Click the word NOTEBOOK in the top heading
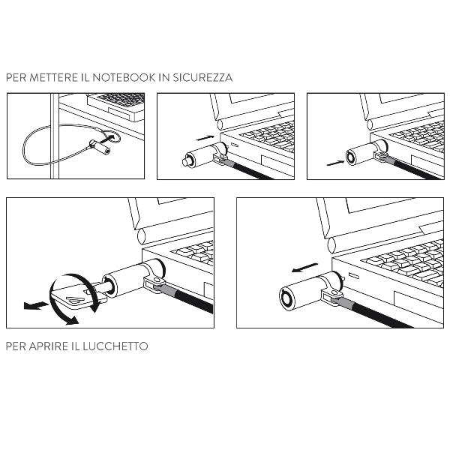tap(124, 77)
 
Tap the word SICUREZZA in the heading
tap(202, 77)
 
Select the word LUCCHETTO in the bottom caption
tap(115, 346)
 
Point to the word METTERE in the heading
tap(54, 77)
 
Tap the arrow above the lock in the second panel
tap(205, 138)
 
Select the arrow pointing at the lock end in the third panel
tap(335, 163)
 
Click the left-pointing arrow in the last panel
tap(304, 268)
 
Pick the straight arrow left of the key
tap(35, 306)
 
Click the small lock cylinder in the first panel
tap(100, 146)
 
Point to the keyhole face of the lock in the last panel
tap(288, 298)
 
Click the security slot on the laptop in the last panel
tap(354, 276)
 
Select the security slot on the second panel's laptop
tap(235, 145)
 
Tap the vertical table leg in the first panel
tap(55, 136)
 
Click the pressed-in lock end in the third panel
tap(351, 157)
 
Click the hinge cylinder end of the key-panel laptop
tap(142, 236)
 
